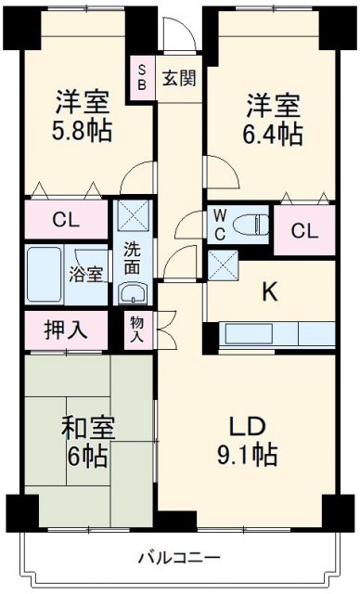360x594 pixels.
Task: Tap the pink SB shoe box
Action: click(x=143, y=77)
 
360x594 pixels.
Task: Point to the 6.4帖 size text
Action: click(x=273, y=133)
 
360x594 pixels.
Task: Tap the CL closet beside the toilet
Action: click(x=303, y=230)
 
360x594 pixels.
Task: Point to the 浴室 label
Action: click(x=87, y=274)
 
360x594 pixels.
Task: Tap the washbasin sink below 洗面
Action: click(x=132, y=294)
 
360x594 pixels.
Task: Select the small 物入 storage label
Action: click(x=136, y=329)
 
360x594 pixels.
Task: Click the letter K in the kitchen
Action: click(x=268, y=292)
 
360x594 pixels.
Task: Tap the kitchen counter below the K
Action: click(x=276, y=334)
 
